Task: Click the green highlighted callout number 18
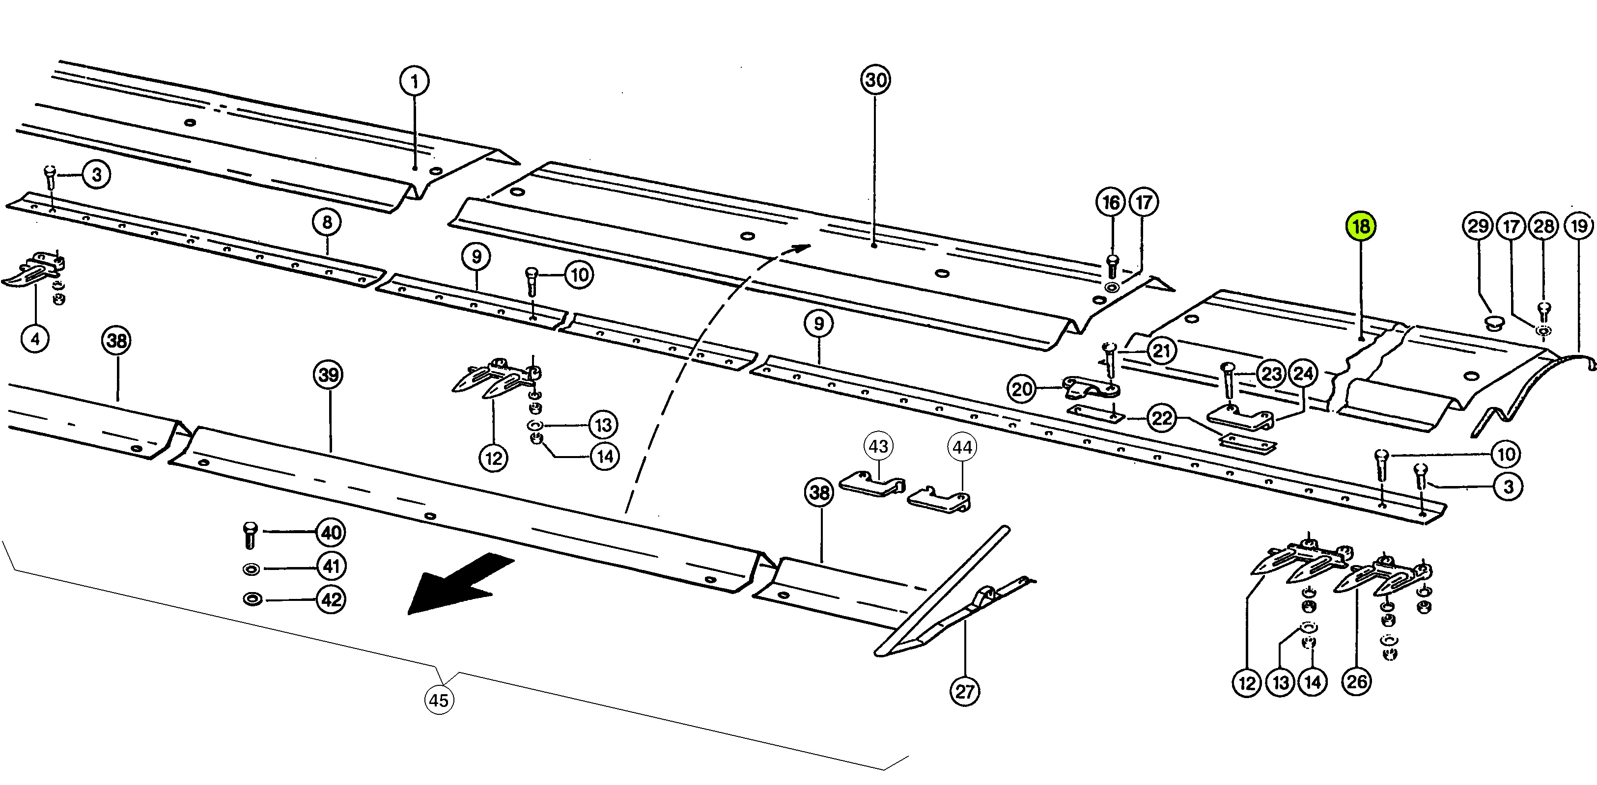(1360, 226)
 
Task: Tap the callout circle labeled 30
(875, 80)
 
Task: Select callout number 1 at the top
(414, 81)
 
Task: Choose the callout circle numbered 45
(439, 700)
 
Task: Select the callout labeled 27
(965, 691)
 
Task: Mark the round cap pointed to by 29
(1494, 323)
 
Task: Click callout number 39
(329, 375)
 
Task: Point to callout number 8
(327, 222)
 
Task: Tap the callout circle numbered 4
(35, 339)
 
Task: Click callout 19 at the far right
(1578, 225)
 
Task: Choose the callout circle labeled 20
(1022, 389)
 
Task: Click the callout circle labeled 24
(1303, 374)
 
